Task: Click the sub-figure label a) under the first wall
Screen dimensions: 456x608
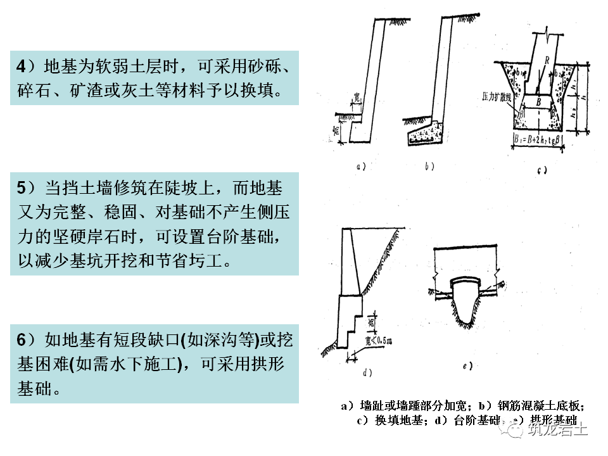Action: (x=362, y=167)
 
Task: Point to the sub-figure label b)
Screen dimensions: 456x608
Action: (x=429, y=167)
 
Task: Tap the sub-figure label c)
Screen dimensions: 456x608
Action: (x=541, y=170)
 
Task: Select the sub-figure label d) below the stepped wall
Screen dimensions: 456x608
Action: (x=366, y=372)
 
